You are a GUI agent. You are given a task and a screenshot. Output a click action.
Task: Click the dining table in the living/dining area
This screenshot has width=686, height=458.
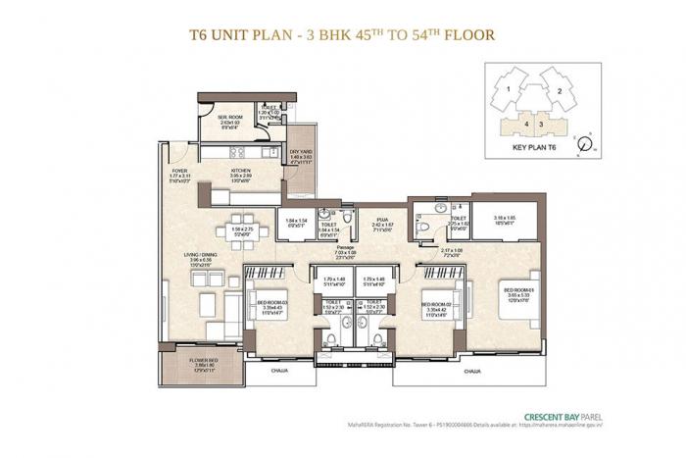point(240,231)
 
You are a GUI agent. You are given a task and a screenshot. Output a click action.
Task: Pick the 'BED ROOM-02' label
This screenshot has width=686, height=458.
point(435,305)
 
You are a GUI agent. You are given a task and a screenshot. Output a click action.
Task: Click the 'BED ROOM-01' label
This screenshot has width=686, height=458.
point(517,290)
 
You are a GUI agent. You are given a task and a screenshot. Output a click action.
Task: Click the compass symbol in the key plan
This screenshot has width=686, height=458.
point(584,141)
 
